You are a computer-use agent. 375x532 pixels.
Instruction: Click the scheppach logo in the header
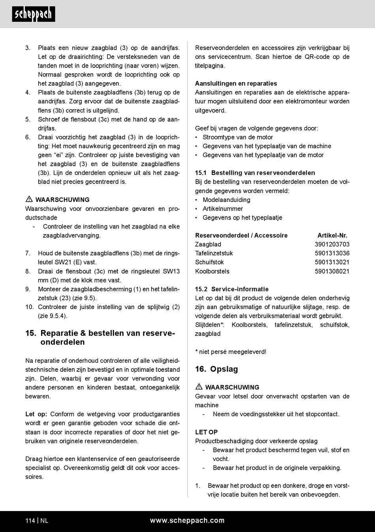[x=34, y=14]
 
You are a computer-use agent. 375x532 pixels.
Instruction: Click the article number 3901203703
[x=332, y=244]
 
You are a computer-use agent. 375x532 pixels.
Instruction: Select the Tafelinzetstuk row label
[x=214, y=253]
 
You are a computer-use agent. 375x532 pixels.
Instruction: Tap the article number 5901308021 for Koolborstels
[x=332, y=271]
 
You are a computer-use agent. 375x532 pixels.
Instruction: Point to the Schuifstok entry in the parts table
[x=209, y=262]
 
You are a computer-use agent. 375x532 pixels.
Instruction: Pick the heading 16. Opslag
[x=216, y=369]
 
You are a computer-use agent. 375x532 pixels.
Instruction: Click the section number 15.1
[x=201, y=173]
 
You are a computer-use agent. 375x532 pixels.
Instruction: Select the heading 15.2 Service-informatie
[x=232, y=289]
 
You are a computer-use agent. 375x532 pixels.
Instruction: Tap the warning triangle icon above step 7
[x=29, y=199]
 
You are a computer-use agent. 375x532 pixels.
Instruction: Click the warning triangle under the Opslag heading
[x=199, y=387]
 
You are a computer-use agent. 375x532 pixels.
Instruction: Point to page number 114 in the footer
[x=30, y=521]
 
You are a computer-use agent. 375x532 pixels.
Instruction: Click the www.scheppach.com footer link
[x=187, y=521]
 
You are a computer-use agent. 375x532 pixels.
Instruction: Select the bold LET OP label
[x=206, y=432]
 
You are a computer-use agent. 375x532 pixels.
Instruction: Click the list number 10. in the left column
[x=29, y=307]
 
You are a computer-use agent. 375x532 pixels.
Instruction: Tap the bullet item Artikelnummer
[x=223, y=208]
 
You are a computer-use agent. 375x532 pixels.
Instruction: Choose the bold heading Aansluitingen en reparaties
[x=236, y=83]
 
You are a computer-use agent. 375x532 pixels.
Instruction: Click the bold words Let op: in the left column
[x=36, y=414]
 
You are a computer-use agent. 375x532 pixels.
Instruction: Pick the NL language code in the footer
[x=44, y=521]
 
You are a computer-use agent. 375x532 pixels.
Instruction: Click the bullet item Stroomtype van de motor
[x=238, y=137]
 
